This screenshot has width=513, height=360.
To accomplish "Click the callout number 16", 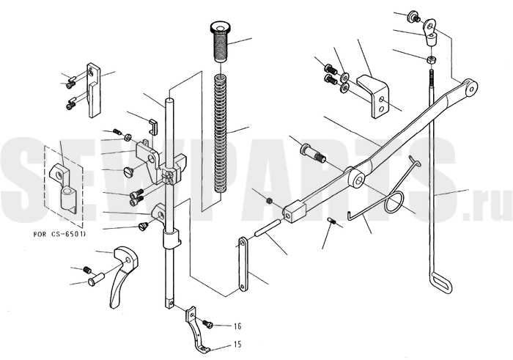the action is point(237,326).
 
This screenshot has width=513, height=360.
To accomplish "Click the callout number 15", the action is point(237,345).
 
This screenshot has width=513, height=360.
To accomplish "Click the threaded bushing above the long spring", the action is point(219,42).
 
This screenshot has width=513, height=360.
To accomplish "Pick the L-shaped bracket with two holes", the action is point(372,97).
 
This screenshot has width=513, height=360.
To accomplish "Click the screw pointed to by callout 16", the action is point(207,324).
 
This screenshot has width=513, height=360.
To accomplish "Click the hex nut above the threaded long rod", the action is point(431,60).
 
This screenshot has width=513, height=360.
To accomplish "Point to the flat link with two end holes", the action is point(243,264).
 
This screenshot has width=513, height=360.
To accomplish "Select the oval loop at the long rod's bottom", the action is point(442,281).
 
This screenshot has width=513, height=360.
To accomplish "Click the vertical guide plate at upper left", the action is point(94,90).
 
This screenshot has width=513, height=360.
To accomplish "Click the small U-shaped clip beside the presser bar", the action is point(153,126).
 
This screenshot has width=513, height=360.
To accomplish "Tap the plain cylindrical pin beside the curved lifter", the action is point(95,278).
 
